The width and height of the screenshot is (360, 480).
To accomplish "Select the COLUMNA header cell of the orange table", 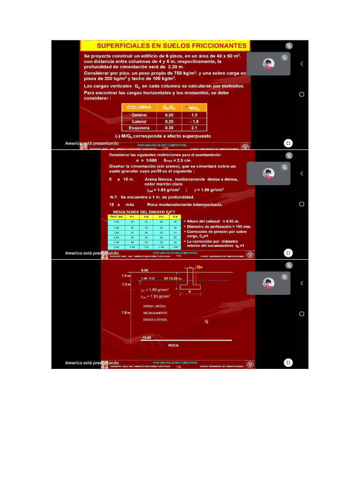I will click(139, 107).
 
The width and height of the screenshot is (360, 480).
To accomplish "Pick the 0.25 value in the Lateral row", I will click(169, 121).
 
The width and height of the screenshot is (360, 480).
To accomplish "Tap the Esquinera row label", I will click(139, 127).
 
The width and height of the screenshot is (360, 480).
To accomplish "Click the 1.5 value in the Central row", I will click(194, 115).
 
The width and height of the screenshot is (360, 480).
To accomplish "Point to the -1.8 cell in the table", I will click(194, 121).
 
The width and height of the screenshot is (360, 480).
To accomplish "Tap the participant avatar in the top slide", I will click(269, 64).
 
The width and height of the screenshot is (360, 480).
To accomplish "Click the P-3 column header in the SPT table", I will click(161, 217).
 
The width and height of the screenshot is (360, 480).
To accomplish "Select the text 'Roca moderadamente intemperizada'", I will click(185, 204).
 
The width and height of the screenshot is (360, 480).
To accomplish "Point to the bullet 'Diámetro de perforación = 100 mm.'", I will click(219, 226).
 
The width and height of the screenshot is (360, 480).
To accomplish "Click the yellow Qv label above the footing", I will click(200, 266).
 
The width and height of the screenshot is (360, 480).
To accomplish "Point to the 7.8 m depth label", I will click(125, 312).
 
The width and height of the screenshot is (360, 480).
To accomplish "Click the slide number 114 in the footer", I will click(178, 367).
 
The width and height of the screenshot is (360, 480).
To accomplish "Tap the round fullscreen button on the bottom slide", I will click(288, 362).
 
